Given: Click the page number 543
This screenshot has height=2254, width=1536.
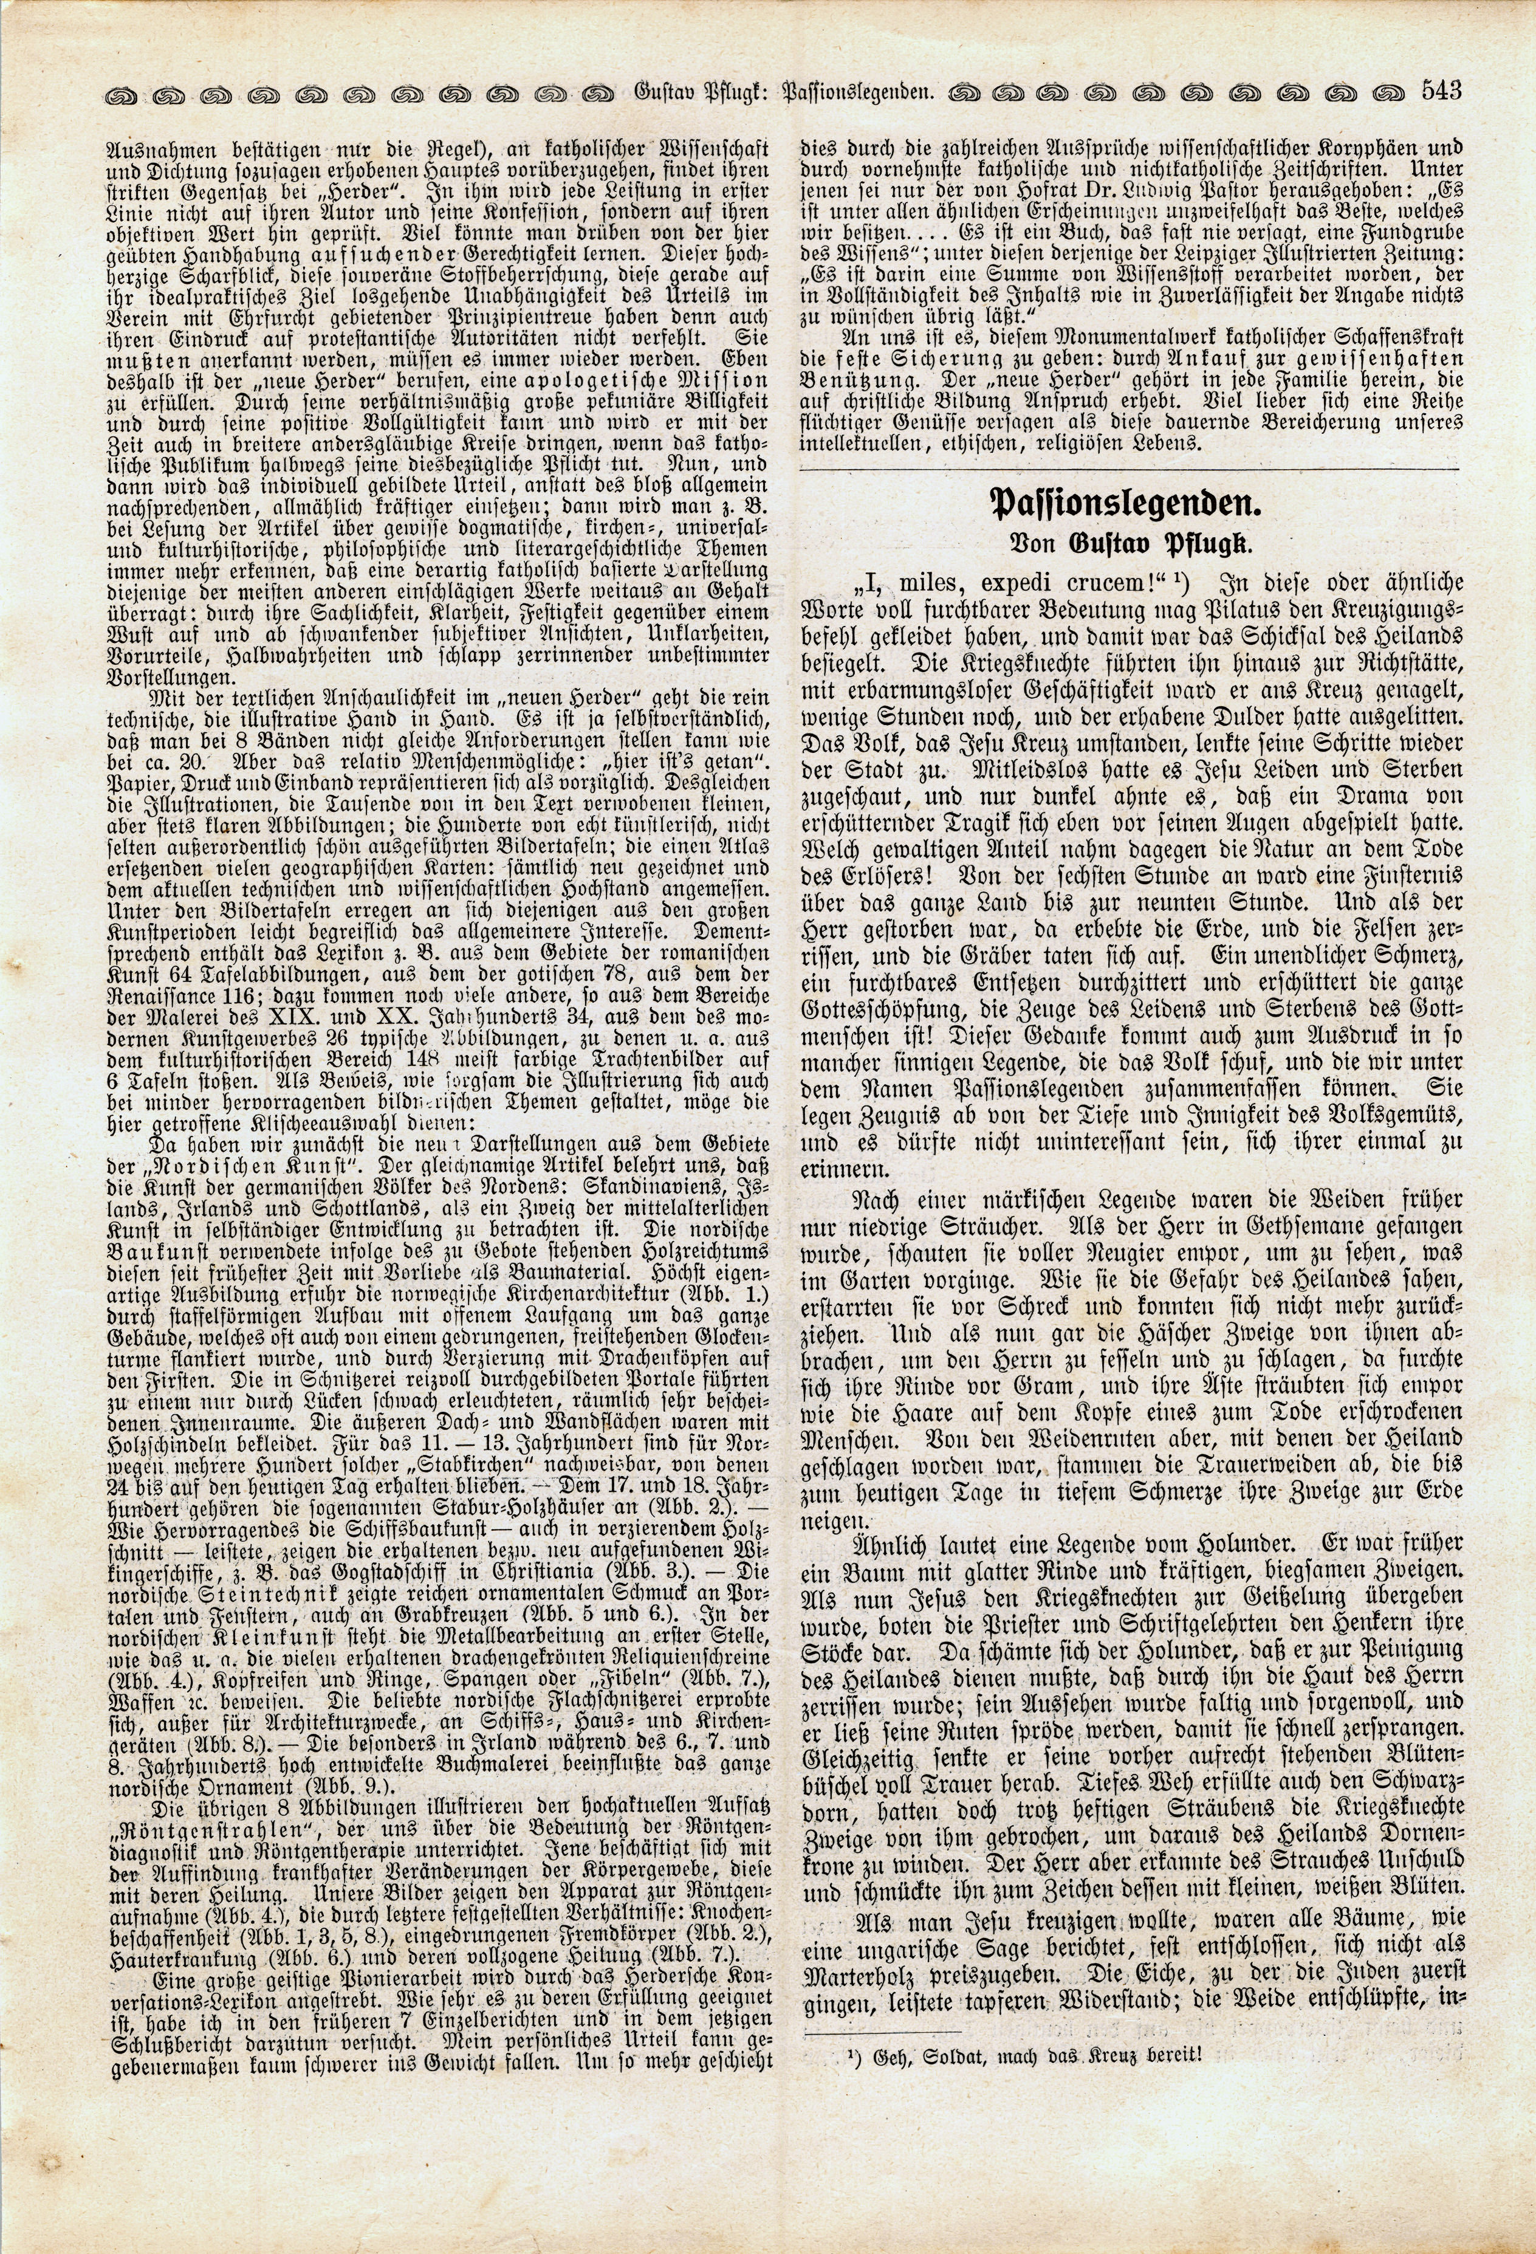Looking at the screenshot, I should (x=1439, y=92).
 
